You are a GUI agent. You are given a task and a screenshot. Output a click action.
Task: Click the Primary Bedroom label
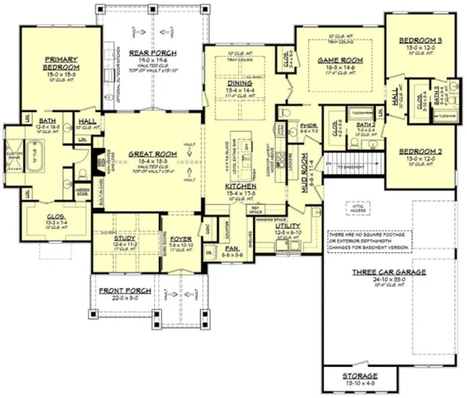[60, 63]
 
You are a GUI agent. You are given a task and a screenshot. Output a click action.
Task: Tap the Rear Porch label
[152, 53]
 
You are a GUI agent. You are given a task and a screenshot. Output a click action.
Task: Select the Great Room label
[153, 154]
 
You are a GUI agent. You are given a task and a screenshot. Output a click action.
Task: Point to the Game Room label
[341, 60]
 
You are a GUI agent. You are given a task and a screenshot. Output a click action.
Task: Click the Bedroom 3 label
[420, 41]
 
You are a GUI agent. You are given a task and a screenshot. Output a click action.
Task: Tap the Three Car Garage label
[389, 272]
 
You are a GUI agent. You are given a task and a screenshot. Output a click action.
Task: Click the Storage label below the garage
[360, 376]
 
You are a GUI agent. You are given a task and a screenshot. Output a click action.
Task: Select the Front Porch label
[121, 291]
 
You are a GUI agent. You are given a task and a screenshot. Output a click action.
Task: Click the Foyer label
[180, 239]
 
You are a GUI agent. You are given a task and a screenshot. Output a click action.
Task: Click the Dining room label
[239, 83]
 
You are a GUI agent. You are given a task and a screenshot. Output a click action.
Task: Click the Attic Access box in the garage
[354, 207]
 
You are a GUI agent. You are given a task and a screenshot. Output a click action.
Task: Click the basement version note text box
[369, 240]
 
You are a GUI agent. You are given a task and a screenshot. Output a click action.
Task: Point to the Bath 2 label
[365, 125]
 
